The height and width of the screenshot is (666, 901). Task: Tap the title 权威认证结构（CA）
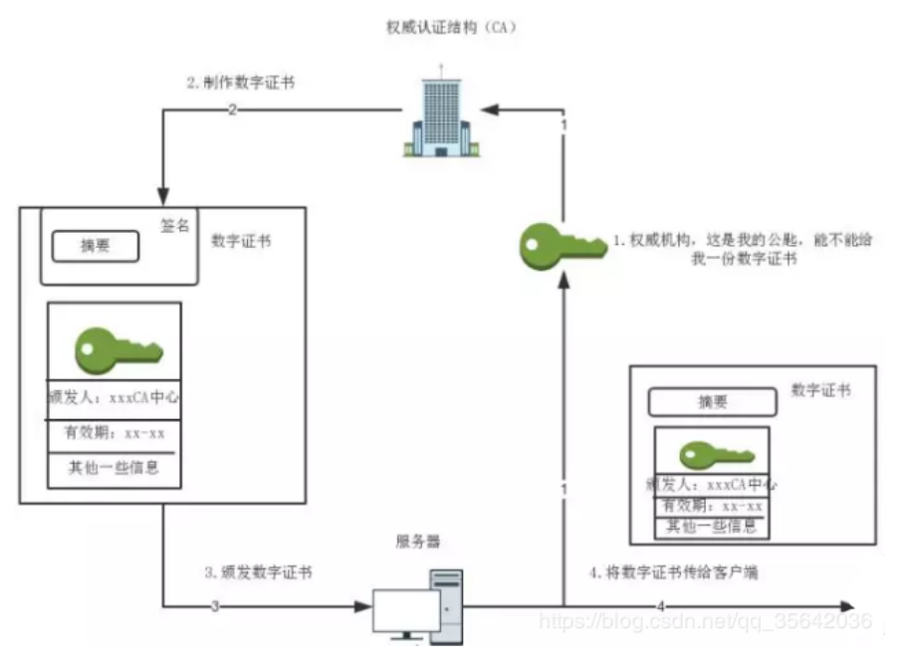coord(450,26)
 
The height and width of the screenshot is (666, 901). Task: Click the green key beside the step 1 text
coord(561,246)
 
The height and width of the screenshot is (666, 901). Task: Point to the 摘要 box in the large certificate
coord(95,247)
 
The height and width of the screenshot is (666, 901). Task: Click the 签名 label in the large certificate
coord(174,226)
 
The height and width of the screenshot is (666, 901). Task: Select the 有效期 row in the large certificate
coord(114,434)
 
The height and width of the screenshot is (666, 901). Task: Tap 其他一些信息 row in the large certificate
coord(114,468)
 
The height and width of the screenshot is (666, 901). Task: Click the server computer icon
coord(418,603)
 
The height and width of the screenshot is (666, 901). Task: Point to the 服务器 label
coord(418,542)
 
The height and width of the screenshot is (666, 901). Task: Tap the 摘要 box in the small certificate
coord(712,401)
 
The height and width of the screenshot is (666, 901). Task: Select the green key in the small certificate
coord(711,454)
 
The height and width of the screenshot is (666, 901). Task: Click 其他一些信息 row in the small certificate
coord(711,527)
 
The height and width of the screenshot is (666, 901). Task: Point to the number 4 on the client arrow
coord(661,606)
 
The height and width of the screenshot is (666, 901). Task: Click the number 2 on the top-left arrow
coord(232,110)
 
